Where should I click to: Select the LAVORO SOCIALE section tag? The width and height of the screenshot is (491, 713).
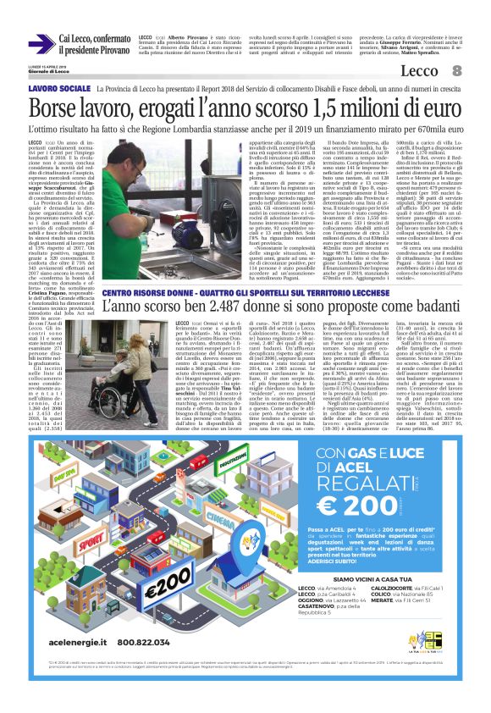pos(59,88)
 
